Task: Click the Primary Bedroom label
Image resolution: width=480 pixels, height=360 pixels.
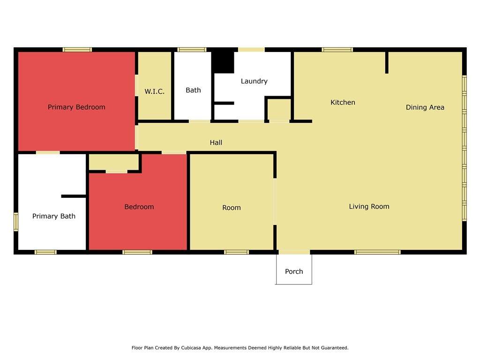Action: (x=76, y=107)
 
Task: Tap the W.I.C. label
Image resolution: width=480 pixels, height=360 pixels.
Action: (x=155, y=91)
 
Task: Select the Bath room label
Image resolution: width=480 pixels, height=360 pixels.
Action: (x=193, y=90)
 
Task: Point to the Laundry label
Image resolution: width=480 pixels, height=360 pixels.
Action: (x=254, y=81)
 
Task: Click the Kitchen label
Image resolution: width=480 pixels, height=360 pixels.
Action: (x=343, y=102)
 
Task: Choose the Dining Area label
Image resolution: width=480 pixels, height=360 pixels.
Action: (x=425, y=107)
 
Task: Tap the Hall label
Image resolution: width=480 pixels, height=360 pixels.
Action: (x=216, y=142)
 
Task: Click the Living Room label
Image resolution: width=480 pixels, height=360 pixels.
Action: (x=369, y=206)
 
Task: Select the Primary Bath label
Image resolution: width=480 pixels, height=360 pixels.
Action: (x=54, y=216)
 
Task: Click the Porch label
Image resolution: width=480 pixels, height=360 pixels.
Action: (x=294, y=271)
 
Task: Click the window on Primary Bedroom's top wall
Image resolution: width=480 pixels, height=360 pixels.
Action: (x=77, y=50)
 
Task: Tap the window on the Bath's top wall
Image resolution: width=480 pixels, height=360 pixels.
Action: (x=192, y=50)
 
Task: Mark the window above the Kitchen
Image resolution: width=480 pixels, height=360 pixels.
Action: (x=337, y=50)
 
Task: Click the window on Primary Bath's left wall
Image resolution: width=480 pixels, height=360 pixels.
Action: (x=16, y=222)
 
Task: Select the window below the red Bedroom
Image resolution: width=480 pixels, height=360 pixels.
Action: (x=137, y=252)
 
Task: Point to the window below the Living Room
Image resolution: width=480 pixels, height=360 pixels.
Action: (x=377, y=252)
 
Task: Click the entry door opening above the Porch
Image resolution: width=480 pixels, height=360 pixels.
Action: (x=294, y=252)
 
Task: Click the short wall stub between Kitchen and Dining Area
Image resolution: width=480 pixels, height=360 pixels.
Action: (x=387, y=62)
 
